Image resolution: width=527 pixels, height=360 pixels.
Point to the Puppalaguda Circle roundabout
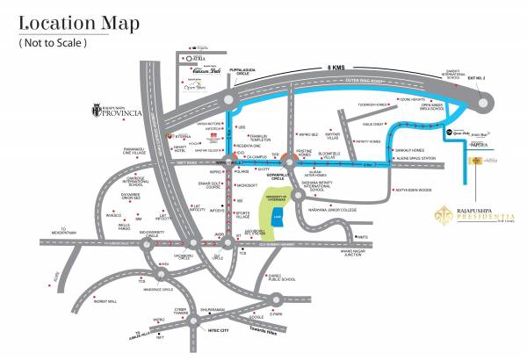click(x=228, y=101)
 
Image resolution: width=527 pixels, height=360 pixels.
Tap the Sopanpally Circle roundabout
click(x=286, y=164)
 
